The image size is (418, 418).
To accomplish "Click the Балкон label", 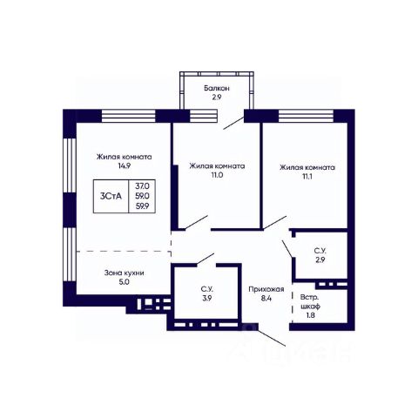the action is coord(217,88).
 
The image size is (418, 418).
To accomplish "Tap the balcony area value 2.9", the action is coord(217,98).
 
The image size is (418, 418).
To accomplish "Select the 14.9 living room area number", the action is coord(124,165).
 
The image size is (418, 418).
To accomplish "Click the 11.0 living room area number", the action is coord(217,175).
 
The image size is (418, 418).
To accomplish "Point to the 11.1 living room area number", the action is coord(307,177).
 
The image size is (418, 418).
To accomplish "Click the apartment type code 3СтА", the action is coord(111,196).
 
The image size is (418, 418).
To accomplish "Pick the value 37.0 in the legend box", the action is coord(142,185).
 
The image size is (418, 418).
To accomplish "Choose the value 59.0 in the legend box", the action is coord(142,196).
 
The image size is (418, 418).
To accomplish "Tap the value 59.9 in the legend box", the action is coord(142,206).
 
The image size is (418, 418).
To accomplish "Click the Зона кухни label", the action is coord(124,273).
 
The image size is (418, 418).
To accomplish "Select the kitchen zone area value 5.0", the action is coord(124,282).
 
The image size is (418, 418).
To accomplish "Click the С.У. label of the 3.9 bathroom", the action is coord(207,289).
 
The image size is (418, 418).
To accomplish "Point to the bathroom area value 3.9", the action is coord(207,298).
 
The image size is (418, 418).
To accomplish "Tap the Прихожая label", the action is coord(266,289).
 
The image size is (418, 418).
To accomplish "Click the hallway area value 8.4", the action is coord(266,299).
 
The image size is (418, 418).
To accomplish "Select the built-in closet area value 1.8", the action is coord(310,315).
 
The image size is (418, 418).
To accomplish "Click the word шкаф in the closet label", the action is coord(310,307).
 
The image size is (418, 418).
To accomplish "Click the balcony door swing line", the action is coord(233,123).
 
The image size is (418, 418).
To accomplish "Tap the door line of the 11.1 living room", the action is coord(275,223).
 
